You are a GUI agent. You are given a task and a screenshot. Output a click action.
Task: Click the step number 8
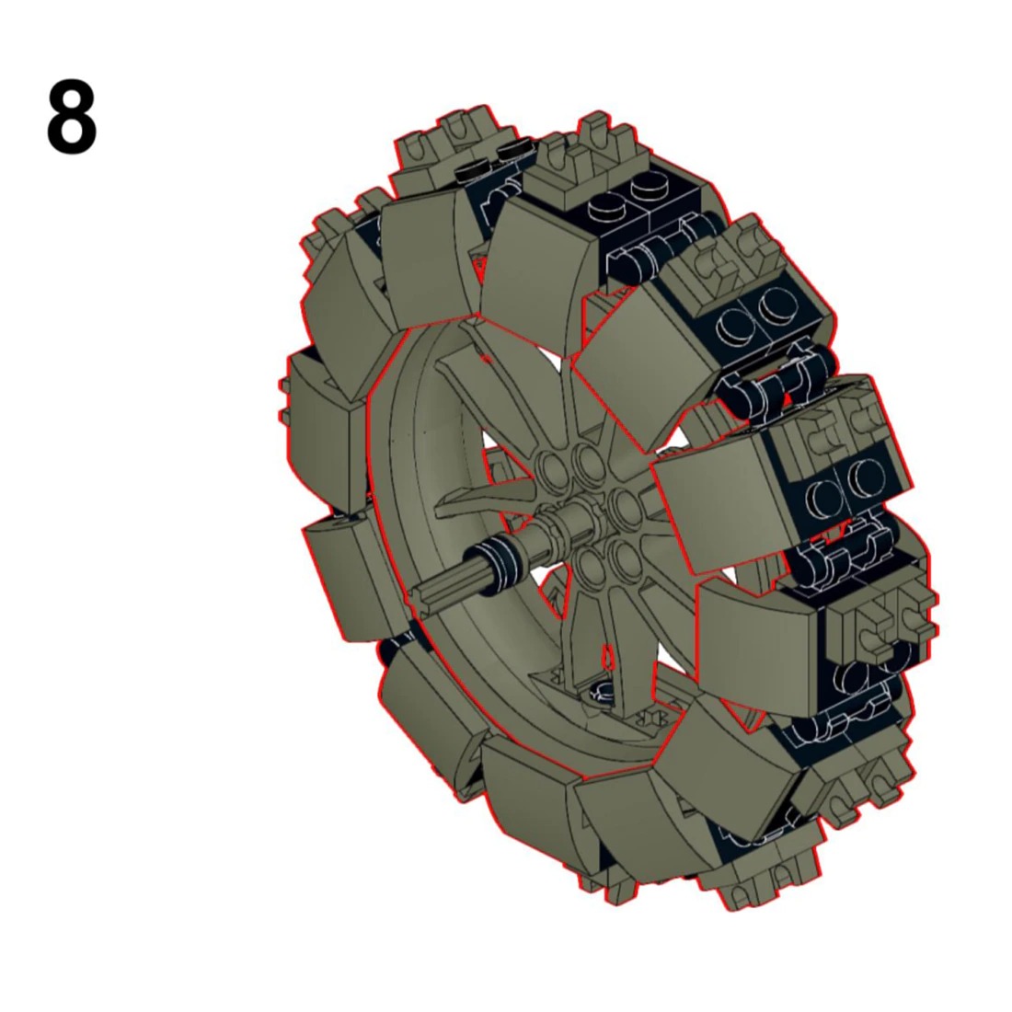point(72,119)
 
